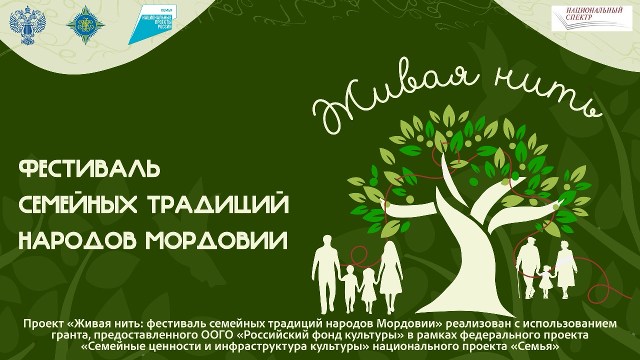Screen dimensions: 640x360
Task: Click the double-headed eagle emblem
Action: pos(27,26)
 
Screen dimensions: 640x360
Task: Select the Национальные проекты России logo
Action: pos(152,25)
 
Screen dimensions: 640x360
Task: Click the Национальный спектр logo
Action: pos(591,18)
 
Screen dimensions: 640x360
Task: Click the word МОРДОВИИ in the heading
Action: pos(216,240)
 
